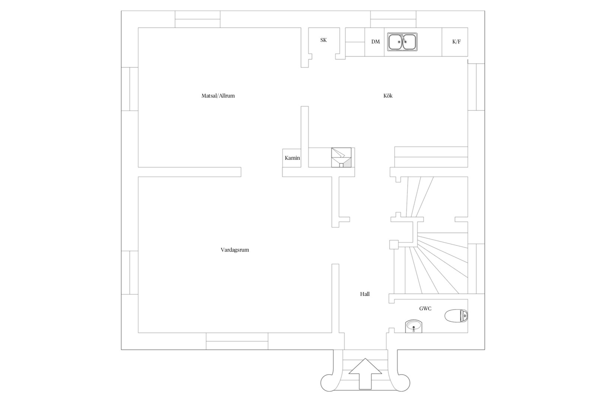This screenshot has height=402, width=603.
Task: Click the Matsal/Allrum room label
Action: pyautogui.click(x=218, y=96)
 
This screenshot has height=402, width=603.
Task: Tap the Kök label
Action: pyautogui.click(x=388, y=96)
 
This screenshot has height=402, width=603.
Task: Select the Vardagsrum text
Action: pyautogui.click(x=235, y=250)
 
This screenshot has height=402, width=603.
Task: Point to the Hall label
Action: pyautogui.click(x=365, y=294)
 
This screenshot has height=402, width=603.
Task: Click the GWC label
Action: pyautogui.click(x=425, y=309)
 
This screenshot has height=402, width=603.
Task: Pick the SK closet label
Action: pyautogui.click(x=323, y=40)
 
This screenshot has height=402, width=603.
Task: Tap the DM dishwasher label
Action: pyautogui.click(x=376, y=42)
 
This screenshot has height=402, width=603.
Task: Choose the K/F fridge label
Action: pyautogui.click(x=457, y=42)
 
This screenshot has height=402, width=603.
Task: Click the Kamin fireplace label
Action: pyautogui.click(x=292, y=158)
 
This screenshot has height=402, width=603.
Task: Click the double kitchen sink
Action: pyautogui.click(x=402, y=42)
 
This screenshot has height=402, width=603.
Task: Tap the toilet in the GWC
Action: pyautogui.click(x=456, y=316)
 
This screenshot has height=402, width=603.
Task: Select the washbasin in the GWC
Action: pyautogui.click(x=414, y=326)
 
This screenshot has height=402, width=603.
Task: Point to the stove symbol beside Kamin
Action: pyautogui.click(x=341, y=157)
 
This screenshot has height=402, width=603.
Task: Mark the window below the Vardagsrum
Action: pyautogui.click(x=237, y=341)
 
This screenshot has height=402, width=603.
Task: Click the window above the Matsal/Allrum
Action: pyautogui.click(x=198, y=19)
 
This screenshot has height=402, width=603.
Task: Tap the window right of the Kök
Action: pyautogui.click(x=476, y=87)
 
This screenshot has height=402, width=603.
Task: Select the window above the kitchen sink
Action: pyautogui.click(x=393, y=19)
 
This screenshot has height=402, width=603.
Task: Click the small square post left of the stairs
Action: pyautogui.click(x=394, y=245)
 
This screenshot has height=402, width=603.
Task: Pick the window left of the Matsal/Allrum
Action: pyautogui.click(x=130, y=89)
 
